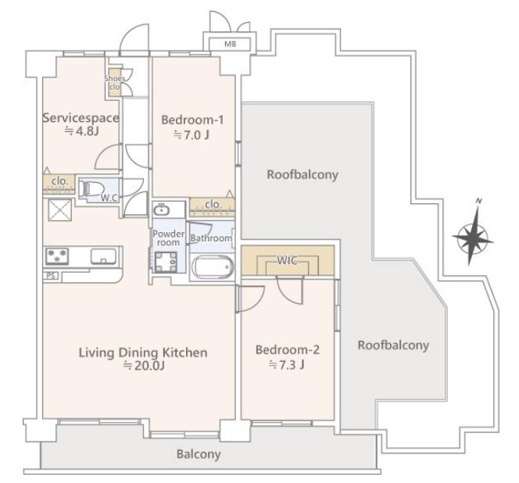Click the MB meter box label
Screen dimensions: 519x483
coord(231,44)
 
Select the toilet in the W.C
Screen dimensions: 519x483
coord(88,189)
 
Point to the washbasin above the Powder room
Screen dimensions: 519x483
coord(161,209)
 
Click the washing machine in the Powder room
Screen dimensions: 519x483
coord(166,262)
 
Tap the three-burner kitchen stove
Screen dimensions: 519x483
coord(57,256)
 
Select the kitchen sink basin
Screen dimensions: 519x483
coord(103,256)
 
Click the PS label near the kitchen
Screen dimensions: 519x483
coord(51,276)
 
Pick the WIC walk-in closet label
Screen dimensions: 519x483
coord(288,261)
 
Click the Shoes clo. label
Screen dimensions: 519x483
coord(115,83)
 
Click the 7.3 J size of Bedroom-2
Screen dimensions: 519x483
coord(287,364)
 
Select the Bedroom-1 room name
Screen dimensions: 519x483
coord(192,120)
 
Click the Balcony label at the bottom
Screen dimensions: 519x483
coord(199,454)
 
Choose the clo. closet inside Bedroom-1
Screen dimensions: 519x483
coord(212,206)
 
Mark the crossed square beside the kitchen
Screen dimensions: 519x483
coord(60,210)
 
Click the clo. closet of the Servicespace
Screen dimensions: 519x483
coord(59,184)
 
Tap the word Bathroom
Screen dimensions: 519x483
coord(211,238)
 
